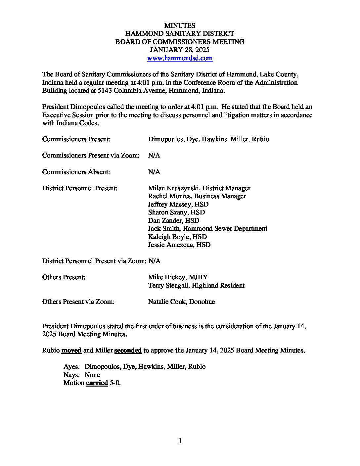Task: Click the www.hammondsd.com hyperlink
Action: [180, 58]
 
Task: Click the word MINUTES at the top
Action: [180, 25]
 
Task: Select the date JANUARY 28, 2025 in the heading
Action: [180, 50]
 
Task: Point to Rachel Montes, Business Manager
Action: [197, 196]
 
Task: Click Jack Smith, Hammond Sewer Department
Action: [207, 229]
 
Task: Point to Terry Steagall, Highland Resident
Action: [196, 286]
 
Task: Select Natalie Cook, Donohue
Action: [181, 302]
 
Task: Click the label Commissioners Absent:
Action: [76, 172]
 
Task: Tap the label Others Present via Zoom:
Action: [78, 302]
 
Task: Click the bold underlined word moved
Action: [71, 350]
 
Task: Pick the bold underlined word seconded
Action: [128, 350]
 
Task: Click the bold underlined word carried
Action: [97, 383]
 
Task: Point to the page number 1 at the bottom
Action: [180, 441]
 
